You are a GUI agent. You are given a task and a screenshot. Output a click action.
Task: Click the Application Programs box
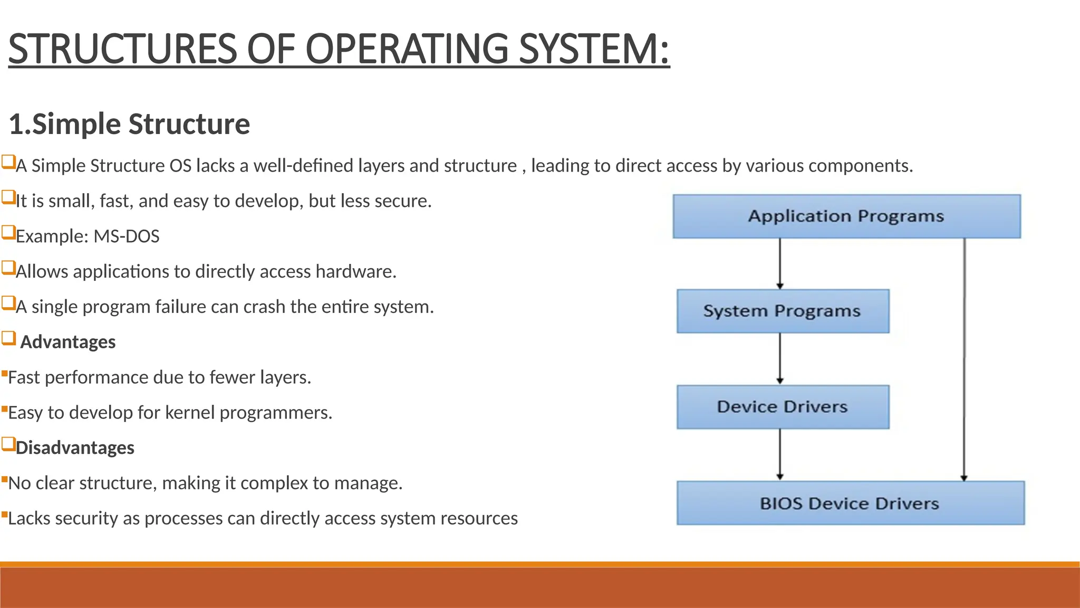pos(846,216)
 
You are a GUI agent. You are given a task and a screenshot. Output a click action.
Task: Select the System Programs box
pos(783,311)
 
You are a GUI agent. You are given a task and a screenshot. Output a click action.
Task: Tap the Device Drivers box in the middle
pos(783,407)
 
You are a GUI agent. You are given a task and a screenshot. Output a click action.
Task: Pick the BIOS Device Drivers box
pos(850,503)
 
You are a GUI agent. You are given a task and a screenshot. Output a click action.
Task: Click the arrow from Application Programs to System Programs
pos(780,263)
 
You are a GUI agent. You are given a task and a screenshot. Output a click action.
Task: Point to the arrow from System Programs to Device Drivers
pos(780,358)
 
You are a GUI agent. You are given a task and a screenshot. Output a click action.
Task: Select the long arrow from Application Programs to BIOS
pos(964,359)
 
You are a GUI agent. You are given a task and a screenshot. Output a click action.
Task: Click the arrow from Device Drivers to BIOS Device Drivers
pos(780,454)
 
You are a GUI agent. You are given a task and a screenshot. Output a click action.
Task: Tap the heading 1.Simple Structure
pos(129,124)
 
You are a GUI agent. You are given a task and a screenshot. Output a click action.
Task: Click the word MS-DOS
pos(126,236)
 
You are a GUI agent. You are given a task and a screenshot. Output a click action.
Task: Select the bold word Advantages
pos(68,342)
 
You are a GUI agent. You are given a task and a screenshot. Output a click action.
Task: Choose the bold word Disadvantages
pos(75,448)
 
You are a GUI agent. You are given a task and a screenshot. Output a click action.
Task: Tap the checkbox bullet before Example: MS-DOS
pos(8,232)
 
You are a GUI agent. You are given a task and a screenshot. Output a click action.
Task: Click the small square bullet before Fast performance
pos(4,374)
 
